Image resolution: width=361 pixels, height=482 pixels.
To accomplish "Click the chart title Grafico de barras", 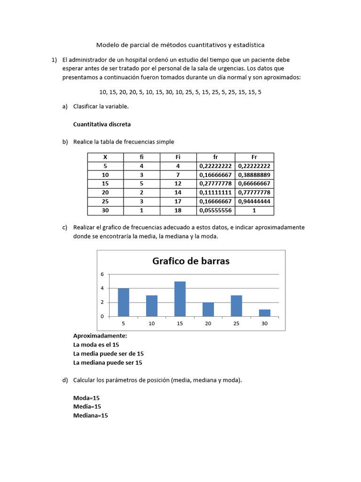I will [191, 261].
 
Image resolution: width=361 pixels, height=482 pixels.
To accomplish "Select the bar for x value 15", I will [180, 299].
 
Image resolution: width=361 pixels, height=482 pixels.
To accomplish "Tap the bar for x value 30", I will [265, 313].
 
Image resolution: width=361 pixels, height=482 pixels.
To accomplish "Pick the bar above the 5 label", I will [124, 302].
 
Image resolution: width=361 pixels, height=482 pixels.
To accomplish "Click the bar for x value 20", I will [208, 309].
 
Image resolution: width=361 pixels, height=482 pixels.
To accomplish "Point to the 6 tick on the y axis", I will [102, 274].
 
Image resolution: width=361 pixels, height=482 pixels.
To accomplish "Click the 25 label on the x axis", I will [236, 324].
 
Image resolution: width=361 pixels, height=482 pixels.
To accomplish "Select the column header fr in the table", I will [216, 157].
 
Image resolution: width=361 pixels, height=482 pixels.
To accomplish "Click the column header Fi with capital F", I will [178, 157].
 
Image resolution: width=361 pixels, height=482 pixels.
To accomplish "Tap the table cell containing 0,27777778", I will [216, 184].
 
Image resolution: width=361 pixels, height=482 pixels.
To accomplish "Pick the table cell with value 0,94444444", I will [254, 201].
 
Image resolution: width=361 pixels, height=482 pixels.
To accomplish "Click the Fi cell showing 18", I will [178, 210].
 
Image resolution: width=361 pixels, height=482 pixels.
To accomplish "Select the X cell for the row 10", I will [105, 175].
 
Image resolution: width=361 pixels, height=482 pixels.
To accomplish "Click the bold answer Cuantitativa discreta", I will [102, 125].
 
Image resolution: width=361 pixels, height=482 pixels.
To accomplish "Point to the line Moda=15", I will [86, 398].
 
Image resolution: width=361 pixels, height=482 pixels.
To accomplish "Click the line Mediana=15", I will [91, 416].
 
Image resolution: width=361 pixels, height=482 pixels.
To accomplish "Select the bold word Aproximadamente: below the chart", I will [100, 336].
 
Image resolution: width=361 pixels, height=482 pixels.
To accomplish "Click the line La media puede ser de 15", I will [109, 353].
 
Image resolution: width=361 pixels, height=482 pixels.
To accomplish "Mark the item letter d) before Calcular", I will [65, 380].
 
